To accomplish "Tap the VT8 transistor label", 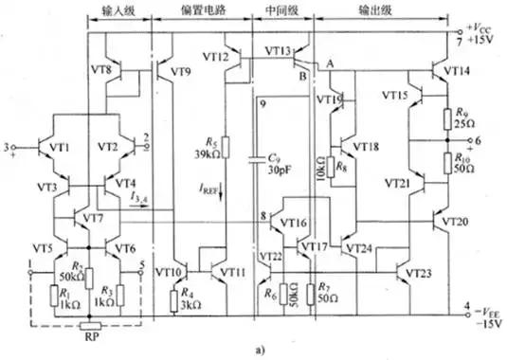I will point(105,69).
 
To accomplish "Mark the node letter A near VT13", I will point(330,63).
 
